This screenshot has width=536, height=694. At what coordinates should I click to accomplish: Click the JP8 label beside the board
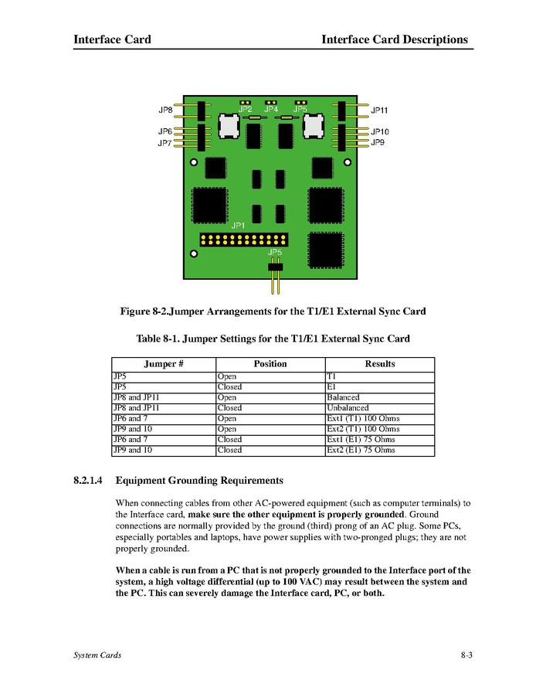point(165,111)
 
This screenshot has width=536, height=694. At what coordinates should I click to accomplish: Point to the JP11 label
point(379,111)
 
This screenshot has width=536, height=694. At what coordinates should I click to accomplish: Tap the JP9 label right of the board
point(378,143)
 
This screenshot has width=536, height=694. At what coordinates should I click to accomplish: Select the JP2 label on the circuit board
point(245,110)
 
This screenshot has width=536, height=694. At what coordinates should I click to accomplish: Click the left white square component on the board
point(229,126)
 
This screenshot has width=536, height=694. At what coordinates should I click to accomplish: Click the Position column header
point(270,364)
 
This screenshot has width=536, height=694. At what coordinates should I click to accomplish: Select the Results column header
point(379,364)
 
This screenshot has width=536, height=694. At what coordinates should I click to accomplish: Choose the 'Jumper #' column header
point(163,364)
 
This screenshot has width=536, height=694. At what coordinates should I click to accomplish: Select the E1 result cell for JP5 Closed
point(332,386)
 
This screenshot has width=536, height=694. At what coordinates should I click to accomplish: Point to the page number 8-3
point(466,655)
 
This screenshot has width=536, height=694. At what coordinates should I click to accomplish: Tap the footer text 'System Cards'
point(97,655)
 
